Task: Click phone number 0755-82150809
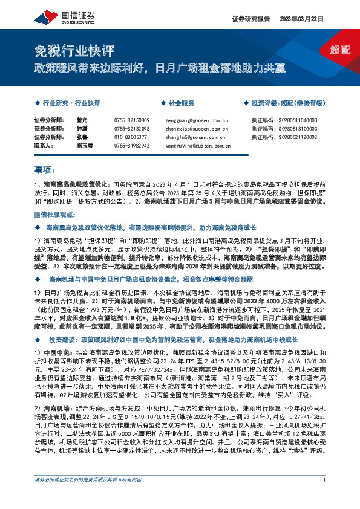pos(131,121)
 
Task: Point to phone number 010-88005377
pos(129,138)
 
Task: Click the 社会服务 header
pos(182,103)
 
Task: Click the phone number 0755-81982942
pos(131,146)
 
